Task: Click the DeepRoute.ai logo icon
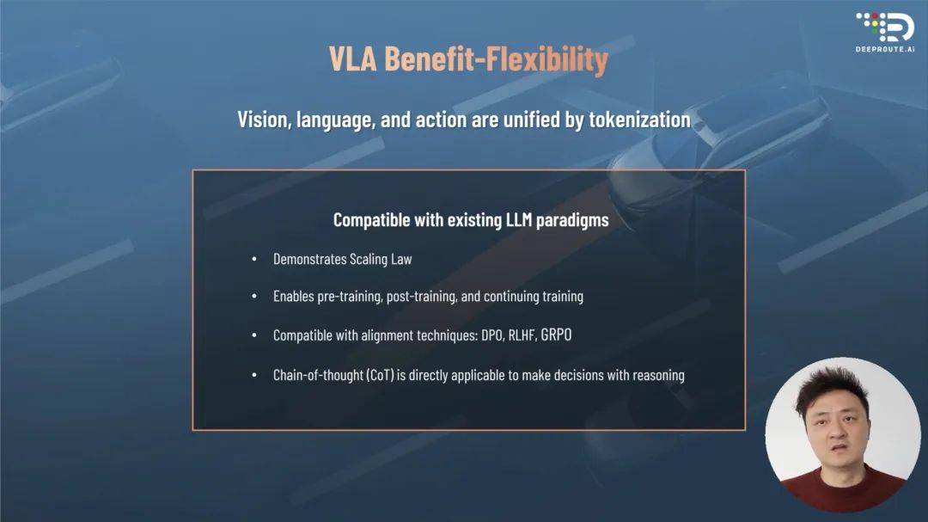[885, 27]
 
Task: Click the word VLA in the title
[353, 58]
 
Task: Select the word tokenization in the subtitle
[639, 120]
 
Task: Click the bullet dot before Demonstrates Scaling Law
[254, 259]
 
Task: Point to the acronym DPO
[492, 335]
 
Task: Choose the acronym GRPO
[556, 335]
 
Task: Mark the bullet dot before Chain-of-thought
[254, 375]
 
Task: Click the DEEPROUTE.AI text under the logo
[885, 49]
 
